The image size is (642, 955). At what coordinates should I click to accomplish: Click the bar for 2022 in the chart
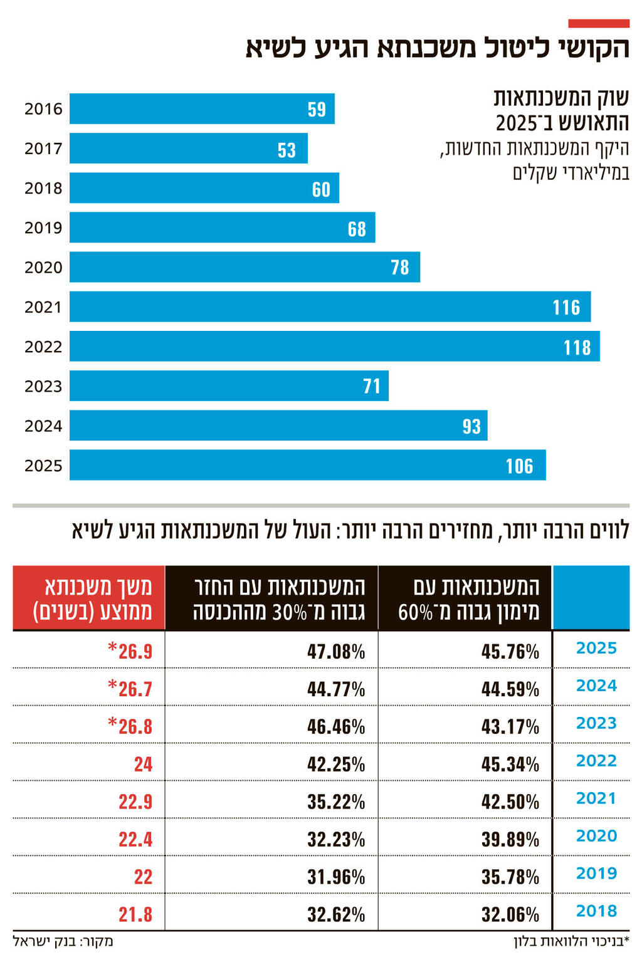[334, 347]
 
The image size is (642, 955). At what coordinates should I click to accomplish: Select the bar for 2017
[188, 149]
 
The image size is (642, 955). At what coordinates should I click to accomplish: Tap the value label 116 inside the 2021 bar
[566, 307]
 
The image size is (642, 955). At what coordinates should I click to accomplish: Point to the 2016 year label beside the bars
[43, 109]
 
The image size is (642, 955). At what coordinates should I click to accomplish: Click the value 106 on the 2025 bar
[519, 466]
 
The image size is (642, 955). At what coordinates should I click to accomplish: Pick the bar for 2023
[229, 386]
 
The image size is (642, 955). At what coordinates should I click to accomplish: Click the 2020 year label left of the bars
[43, 268]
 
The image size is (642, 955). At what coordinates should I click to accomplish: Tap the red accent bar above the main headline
[598, 23]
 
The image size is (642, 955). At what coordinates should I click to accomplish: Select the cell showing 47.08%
[336, 652]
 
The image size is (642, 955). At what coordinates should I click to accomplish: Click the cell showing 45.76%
[510, 652]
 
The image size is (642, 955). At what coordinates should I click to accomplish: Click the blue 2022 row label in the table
[596, 761]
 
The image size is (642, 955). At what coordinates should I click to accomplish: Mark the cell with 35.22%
[336, 802]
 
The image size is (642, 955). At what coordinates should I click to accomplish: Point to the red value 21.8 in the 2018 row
[135, 915]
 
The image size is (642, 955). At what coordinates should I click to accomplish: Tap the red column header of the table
[89, 598]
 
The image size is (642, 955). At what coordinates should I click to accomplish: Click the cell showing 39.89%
[510, 840]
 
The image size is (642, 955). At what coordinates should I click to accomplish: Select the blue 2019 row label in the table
[596, 874]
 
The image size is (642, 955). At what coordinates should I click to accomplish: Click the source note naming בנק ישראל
[63, 941]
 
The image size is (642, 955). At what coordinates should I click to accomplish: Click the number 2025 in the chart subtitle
[516, 123]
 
